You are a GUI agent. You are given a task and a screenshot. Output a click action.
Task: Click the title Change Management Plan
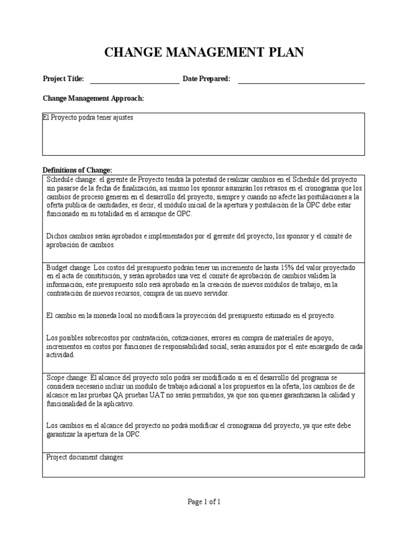[204, 52]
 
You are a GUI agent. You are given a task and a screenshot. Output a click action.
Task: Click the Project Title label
[63, 79]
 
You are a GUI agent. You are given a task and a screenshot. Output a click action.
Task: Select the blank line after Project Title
[135, 81]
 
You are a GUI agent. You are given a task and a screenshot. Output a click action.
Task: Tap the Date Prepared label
[206, 79]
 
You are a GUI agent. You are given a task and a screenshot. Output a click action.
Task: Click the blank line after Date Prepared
[301, 81]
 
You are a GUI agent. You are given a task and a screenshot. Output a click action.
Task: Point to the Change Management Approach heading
[93, 98]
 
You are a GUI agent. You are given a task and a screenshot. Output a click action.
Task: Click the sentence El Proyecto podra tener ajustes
[88, 118]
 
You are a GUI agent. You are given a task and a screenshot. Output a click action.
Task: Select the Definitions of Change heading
[77, 170]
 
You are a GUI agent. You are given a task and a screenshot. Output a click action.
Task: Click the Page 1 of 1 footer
[204, 502]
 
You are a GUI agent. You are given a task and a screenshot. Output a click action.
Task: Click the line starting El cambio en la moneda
[190, 315]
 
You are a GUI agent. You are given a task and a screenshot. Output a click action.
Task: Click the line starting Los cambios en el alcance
[197, 425]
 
